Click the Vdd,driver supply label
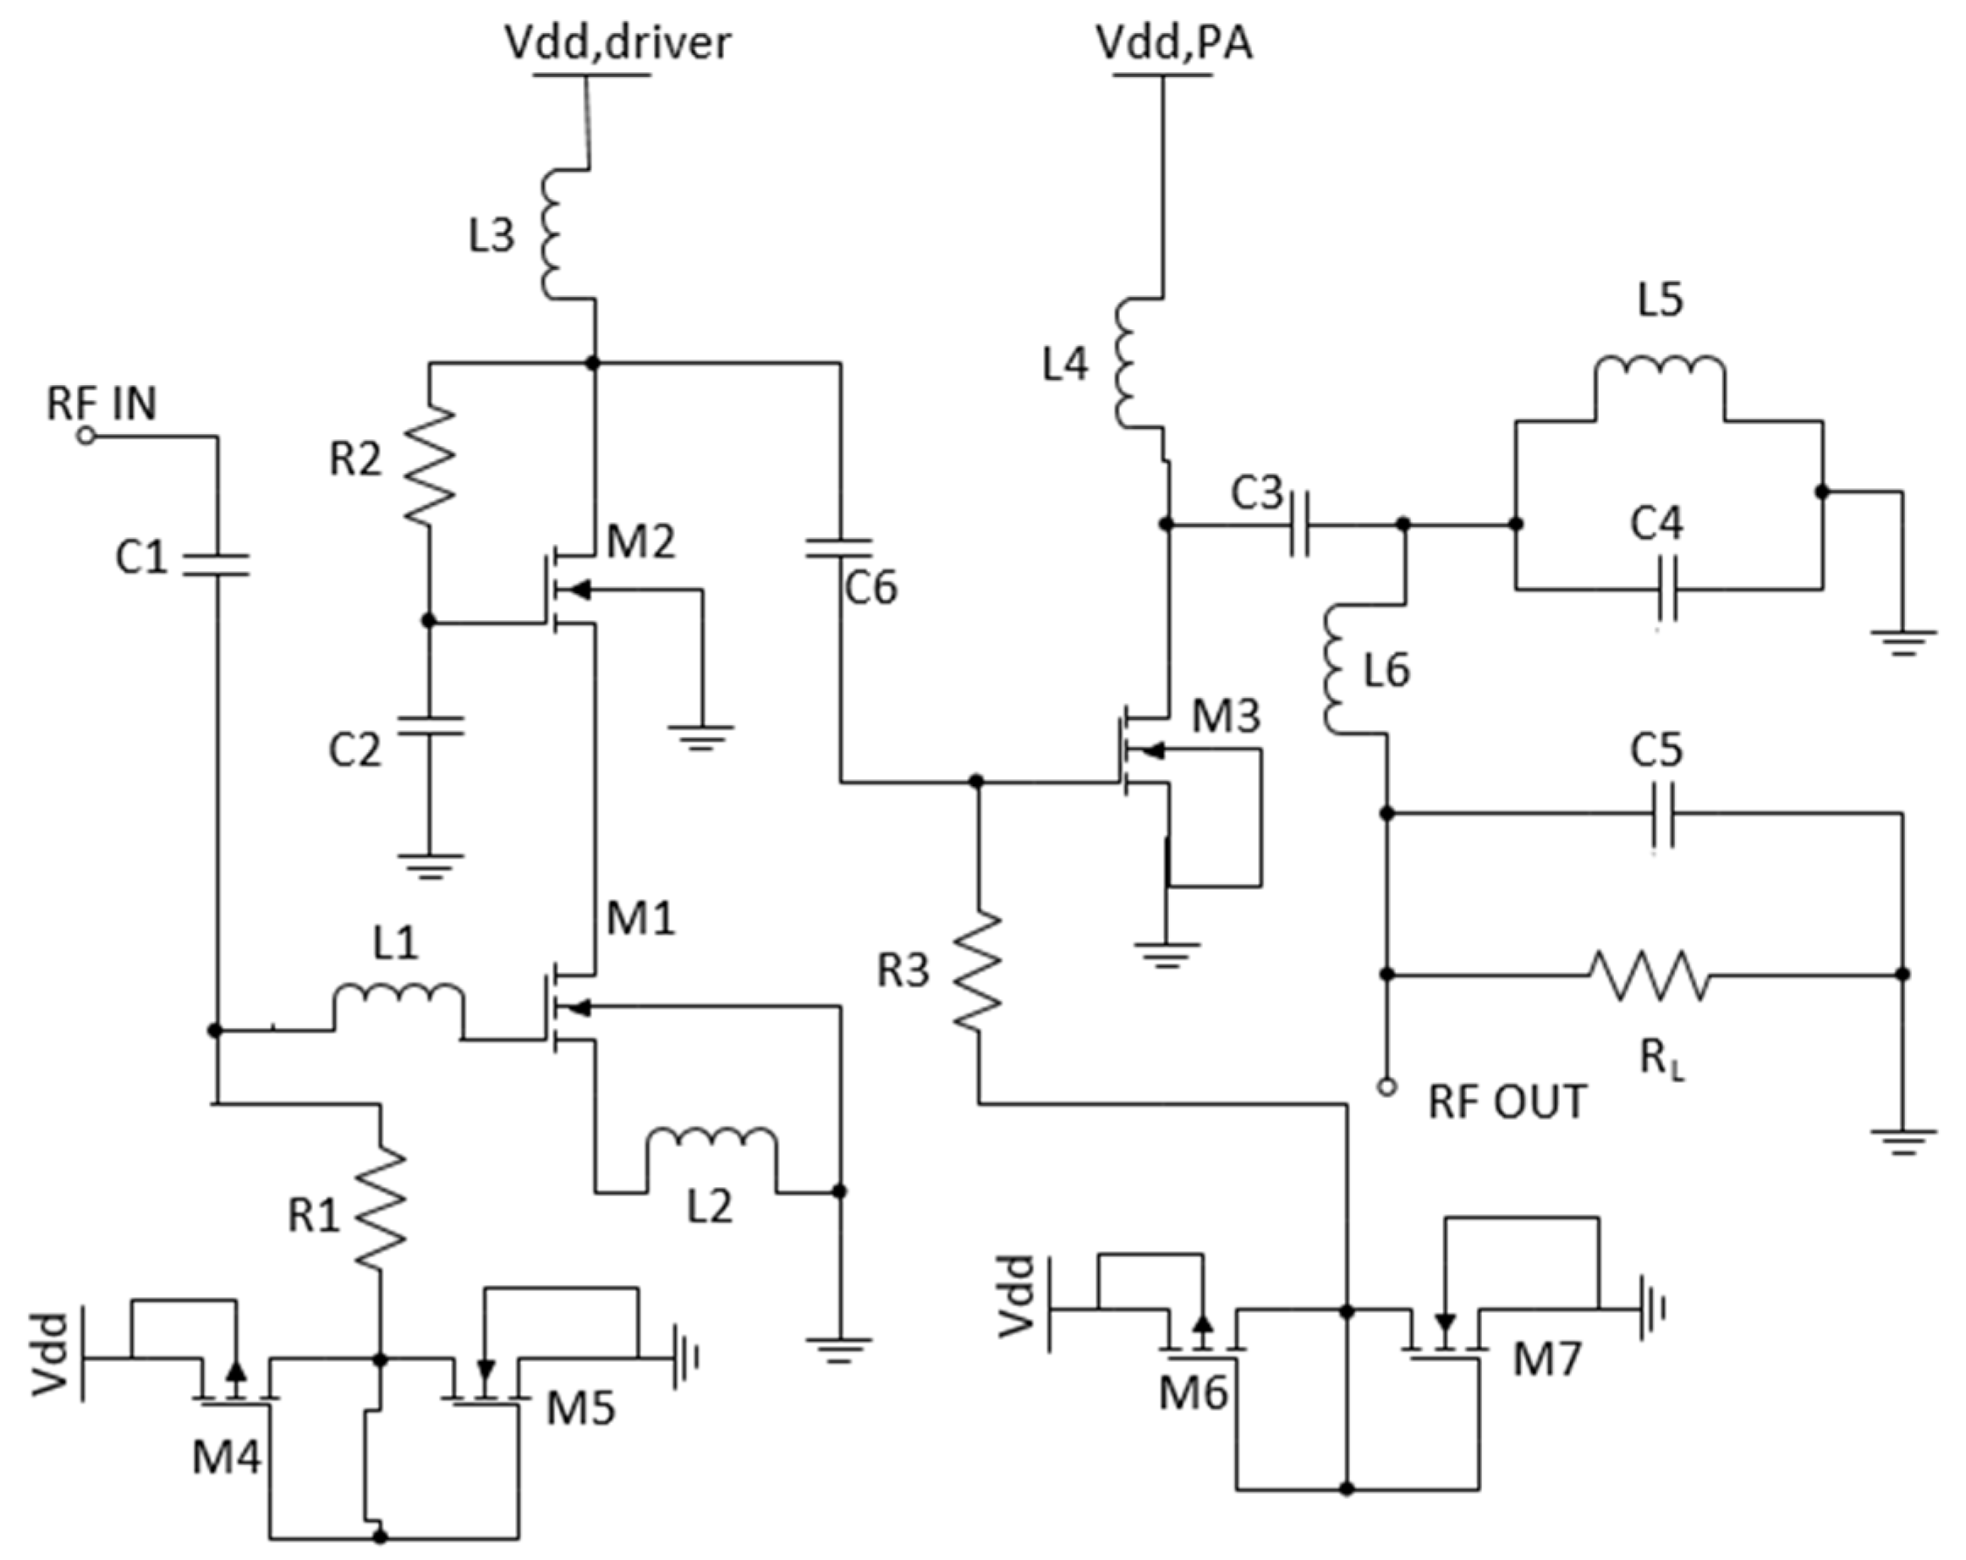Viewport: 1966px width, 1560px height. pyautogui.click(x=618, y=43)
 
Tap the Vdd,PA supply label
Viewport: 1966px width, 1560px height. pyautogui.click(x=1172, y=43)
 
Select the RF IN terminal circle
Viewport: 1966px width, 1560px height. pyautogui.click(x=85, y=437)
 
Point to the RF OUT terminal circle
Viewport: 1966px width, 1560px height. pyautogui.click(x=1387, y=1087)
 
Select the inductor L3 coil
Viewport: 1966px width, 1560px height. pyautogui.click(x=558, y=233)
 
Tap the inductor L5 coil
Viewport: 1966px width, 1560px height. pyautogui.click(x=1660, y=368)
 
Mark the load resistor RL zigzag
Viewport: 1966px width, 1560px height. pyautogui.click(x=1649, y=975)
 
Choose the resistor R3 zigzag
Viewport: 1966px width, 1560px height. pyautogui.click(x=978, y=973)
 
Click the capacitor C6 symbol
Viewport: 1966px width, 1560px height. pyautogui.click(x=840, y=547)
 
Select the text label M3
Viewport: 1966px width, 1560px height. pyautogui.click(x=1227, y=717)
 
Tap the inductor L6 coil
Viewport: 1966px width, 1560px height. pyautogui.click(x=1337, y=668)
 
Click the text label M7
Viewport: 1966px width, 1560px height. pyautogui.click(x=1547, y=1360)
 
